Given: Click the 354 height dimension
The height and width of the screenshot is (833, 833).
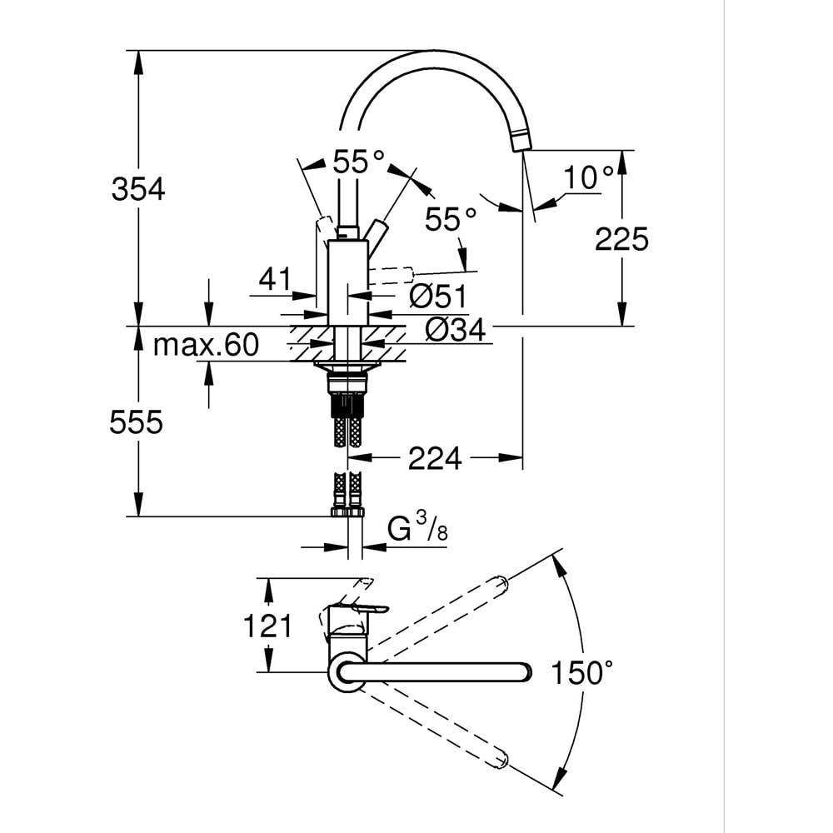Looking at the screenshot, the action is pos(138,188).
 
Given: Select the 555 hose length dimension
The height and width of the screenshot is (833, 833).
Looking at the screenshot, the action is pos(136,423).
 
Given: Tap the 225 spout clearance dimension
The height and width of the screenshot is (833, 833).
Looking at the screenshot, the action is pos(621,239).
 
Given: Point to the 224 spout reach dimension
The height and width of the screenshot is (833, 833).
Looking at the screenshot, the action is pos(435,458).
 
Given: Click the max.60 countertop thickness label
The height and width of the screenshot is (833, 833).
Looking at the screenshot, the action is pos(206,345).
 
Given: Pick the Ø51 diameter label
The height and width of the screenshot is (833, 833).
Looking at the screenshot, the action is pos(438,296).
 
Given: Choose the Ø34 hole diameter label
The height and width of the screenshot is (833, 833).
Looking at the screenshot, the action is pos(456,330).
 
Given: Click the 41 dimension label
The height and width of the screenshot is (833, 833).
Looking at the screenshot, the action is pos(275,279).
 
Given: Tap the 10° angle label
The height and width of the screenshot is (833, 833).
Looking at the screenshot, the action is pos(589,177).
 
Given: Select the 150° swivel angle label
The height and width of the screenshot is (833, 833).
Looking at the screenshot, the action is pos(581,672).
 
